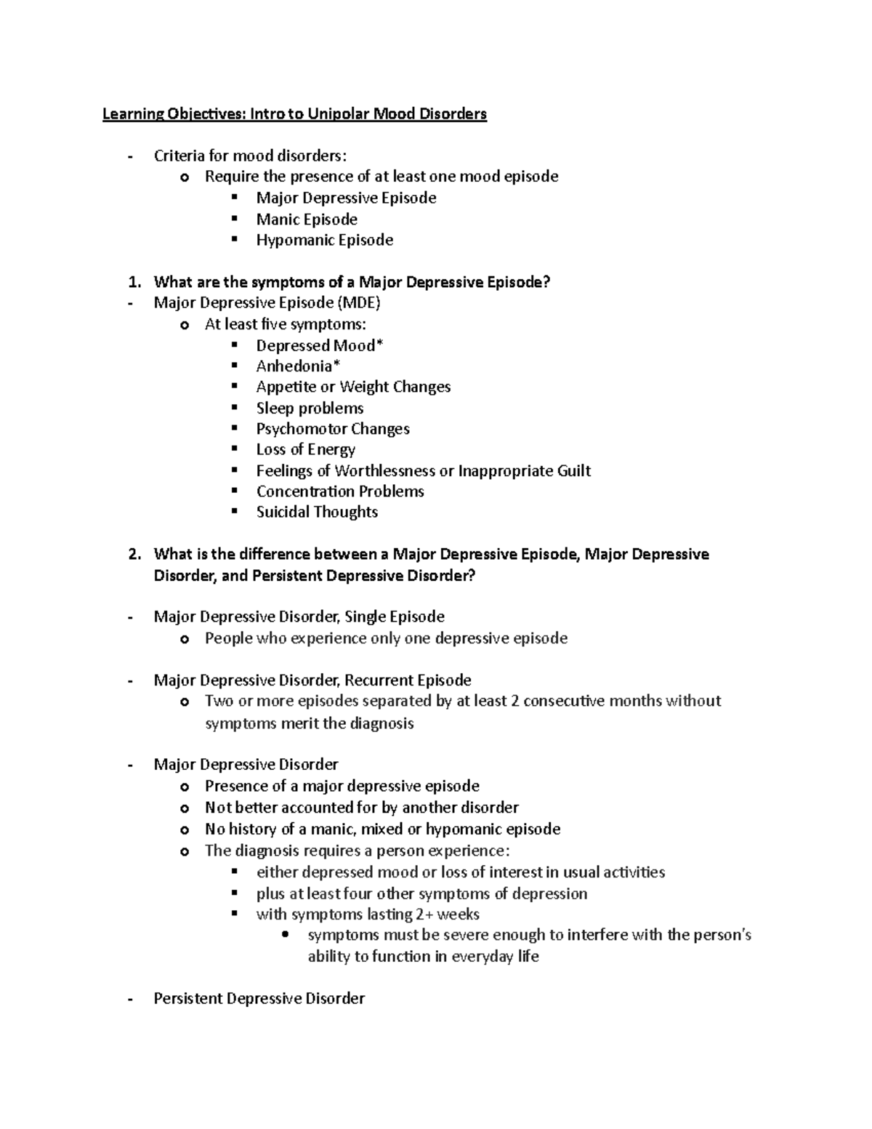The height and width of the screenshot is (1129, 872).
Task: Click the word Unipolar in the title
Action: tap(339, 114)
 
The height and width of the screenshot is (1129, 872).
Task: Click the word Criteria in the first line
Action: tap(179, 156)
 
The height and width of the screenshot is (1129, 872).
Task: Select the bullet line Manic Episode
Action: tap(306, 219)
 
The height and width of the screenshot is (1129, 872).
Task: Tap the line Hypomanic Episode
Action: tap(324, 240)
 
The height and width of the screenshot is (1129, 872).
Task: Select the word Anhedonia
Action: tap(294, 366)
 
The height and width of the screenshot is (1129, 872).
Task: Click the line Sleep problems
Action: tap(310, 408)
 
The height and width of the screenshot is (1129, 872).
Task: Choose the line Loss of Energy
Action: tap(305, 449)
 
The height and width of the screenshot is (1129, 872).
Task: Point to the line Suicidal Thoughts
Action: tap(317, 512)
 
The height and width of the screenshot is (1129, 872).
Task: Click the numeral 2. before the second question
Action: tap(133, 554)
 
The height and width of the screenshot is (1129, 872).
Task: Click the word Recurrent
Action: tap(378, 680)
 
